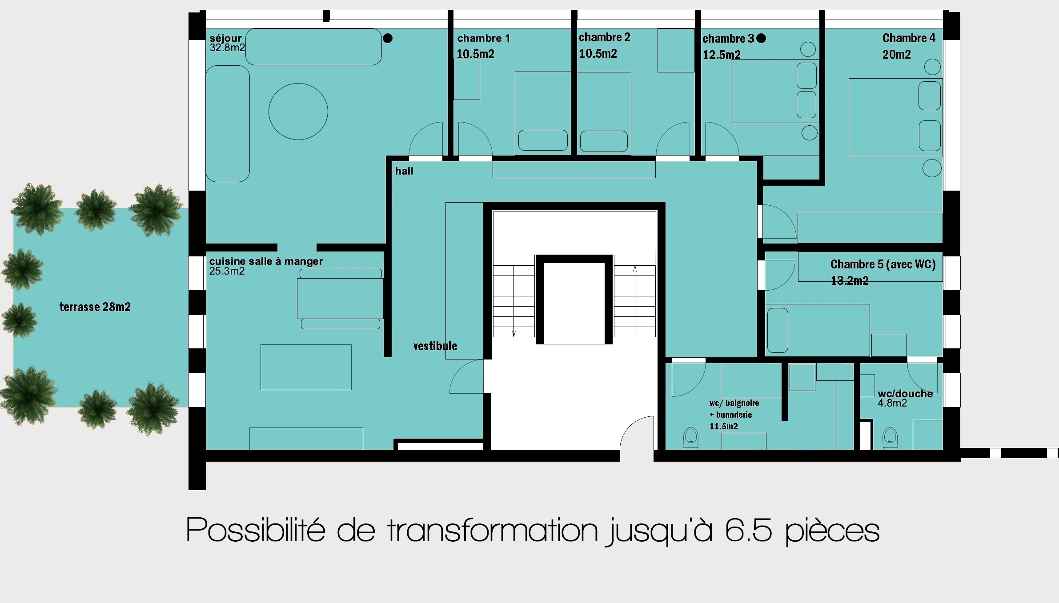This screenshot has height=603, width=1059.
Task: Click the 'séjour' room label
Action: click(225, 39)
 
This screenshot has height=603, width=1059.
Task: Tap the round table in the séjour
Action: click(298, 112)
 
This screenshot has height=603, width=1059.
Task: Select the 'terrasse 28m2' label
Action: click(95, 307)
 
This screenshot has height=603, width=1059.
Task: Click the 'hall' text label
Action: click(404, 171)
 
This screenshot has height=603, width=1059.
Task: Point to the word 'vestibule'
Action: click(435, 346)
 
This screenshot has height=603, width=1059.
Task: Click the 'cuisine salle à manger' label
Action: click(266, 261)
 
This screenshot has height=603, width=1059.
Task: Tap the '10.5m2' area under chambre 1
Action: click(475, 54)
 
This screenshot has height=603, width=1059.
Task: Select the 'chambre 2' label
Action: click(605, 37)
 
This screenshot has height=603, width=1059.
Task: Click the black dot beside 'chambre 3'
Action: click(761, 38)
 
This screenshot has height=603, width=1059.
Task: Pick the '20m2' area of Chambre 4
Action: click(897, 55)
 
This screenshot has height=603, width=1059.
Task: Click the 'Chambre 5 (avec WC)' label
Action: click(883, 264)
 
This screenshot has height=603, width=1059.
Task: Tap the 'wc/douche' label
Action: click(905, 394)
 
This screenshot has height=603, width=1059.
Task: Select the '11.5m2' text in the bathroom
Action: click(724, 427)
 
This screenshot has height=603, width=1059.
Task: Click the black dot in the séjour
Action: click(388, 38)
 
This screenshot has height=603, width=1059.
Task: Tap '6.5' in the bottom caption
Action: click(748, 530)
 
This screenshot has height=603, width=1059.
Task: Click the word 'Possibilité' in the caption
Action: click(256, 529)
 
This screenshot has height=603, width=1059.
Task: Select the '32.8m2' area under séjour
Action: click(227, 48)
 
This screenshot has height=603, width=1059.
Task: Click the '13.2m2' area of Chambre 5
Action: click(850, 281)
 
